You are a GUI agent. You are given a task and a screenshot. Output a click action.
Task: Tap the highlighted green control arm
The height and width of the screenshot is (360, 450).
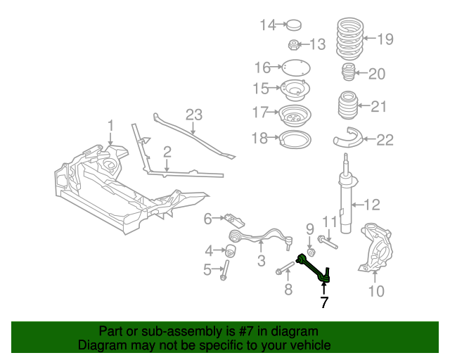[312, 267]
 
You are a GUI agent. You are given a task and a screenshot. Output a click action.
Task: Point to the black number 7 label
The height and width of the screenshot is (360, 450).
[323, 303]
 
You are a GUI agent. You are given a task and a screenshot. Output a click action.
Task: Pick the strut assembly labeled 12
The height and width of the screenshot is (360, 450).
[346, 200]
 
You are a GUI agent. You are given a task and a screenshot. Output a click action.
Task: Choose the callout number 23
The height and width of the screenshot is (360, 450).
[193, 115]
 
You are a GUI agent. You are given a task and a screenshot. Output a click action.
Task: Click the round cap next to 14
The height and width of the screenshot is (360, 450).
[293, 26]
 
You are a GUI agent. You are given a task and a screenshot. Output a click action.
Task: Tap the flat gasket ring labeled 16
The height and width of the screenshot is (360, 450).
[296, 68]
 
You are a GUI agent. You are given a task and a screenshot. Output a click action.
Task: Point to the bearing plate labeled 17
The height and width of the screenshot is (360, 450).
[295, 115]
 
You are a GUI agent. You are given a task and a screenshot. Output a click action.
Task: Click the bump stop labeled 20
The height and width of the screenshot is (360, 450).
[347, 74]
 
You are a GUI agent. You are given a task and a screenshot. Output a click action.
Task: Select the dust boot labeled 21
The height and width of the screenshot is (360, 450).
[347, 109]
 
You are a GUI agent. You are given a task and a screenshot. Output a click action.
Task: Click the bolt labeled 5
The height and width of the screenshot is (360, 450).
[224, 270]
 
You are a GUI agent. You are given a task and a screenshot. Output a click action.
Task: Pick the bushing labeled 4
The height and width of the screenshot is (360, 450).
[230, 250]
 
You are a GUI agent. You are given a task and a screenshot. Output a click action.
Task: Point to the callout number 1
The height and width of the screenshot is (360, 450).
[110, 127]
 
